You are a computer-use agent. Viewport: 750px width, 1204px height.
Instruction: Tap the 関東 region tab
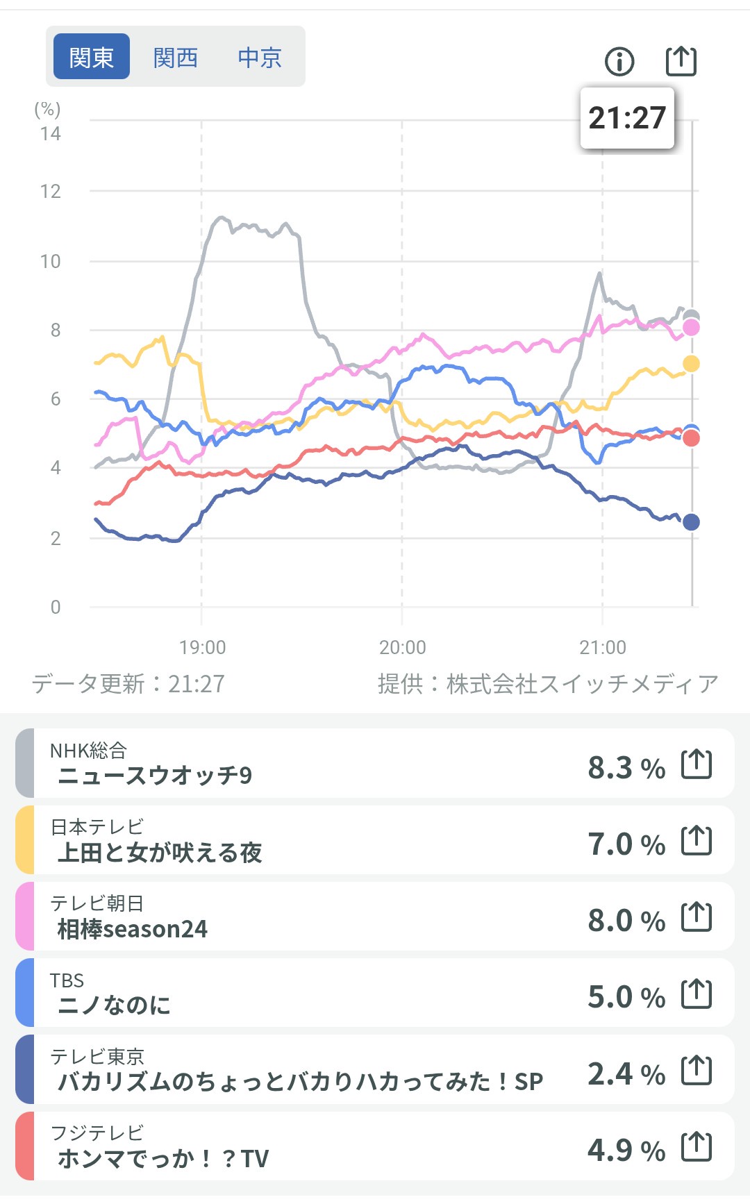pos(91,57)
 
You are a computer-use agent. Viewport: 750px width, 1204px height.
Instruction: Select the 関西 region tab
pos(176,57)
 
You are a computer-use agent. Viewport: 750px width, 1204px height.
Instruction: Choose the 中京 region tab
pos(260,57)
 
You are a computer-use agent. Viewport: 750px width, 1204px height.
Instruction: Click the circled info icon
pos(619,61)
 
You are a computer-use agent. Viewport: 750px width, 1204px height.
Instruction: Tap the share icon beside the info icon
pos(681,60)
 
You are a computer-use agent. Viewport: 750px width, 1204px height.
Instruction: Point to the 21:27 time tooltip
pos(627,118)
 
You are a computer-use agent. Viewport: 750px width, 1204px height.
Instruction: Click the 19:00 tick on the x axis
pos(202,647)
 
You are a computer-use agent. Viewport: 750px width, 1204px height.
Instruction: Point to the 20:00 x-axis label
pos(402,647)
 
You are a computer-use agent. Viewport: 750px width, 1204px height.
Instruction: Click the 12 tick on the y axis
pos(51,192)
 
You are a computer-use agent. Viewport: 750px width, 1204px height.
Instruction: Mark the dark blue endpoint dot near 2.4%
pos(691,522)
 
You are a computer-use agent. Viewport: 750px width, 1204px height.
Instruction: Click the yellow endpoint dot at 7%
pos(691,364)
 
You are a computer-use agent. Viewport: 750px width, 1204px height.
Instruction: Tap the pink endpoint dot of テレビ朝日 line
pos(691,328)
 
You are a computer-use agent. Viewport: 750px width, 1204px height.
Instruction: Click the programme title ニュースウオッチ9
pos(155,775)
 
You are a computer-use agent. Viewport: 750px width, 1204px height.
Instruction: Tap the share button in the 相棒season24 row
pos(697,917)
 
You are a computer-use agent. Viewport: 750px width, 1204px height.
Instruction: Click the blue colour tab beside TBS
pos(25,993)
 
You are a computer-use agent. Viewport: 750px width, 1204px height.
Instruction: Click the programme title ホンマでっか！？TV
pos(163,1158)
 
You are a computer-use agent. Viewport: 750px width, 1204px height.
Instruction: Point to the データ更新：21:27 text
pos(128,684)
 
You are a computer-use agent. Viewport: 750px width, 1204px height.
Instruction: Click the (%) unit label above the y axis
pos(47,109)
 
